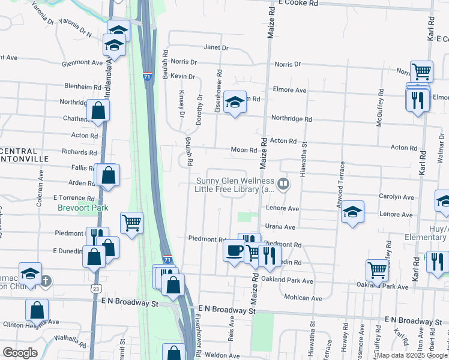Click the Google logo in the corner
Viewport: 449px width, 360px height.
click(20, 353)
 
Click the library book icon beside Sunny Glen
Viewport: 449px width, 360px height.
click(283, 183)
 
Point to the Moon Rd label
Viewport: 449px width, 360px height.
click(244, 150)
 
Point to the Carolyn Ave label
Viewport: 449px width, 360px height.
click(396, 197)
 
